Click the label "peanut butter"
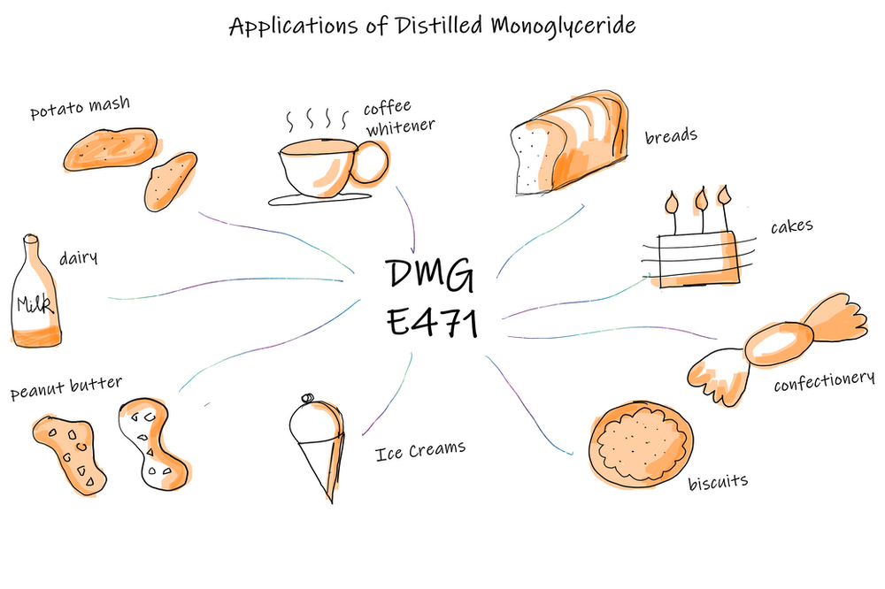click(65, 388)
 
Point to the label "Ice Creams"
click(419, 452)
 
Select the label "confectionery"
click(824, 382)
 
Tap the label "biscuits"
click(718, 483)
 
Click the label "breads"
click(671, 136)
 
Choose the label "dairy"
click(78, 258)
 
